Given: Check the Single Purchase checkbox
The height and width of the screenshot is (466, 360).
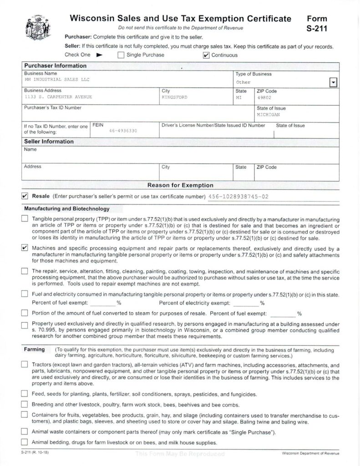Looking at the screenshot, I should coord(121,55).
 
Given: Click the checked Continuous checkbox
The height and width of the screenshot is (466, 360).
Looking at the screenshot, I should coord(206,55).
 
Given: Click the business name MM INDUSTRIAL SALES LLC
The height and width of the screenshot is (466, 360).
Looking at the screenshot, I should coord(57,79).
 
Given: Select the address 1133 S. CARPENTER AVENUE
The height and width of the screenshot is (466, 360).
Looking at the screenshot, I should coord(58,97).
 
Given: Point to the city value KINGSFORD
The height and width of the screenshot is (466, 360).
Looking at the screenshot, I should coord(174,97).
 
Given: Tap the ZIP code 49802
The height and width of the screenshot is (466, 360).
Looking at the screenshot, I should coord(264,97).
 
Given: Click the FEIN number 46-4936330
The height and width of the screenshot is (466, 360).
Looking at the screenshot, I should coord(123,131).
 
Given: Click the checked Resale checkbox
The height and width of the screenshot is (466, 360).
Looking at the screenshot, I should coord(25,196).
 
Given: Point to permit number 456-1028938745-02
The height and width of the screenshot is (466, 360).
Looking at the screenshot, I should coord(238,197).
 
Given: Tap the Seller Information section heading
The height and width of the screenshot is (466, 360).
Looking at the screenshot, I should coord(49,142).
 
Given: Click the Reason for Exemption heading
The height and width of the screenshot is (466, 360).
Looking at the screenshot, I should coord(180,185).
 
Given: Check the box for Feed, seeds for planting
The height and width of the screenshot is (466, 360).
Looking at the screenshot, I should coord(25,394).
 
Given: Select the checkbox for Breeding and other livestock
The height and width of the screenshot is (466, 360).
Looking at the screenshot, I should coord(25,404).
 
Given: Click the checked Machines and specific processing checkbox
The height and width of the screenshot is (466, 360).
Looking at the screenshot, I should coord(25,248).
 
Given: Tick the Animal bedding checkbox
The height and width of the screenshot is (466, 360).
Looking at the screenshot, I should coord(25,443).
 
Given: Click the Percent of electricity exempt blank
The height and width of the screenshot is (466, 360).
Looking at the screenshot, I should coord(246,303).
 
